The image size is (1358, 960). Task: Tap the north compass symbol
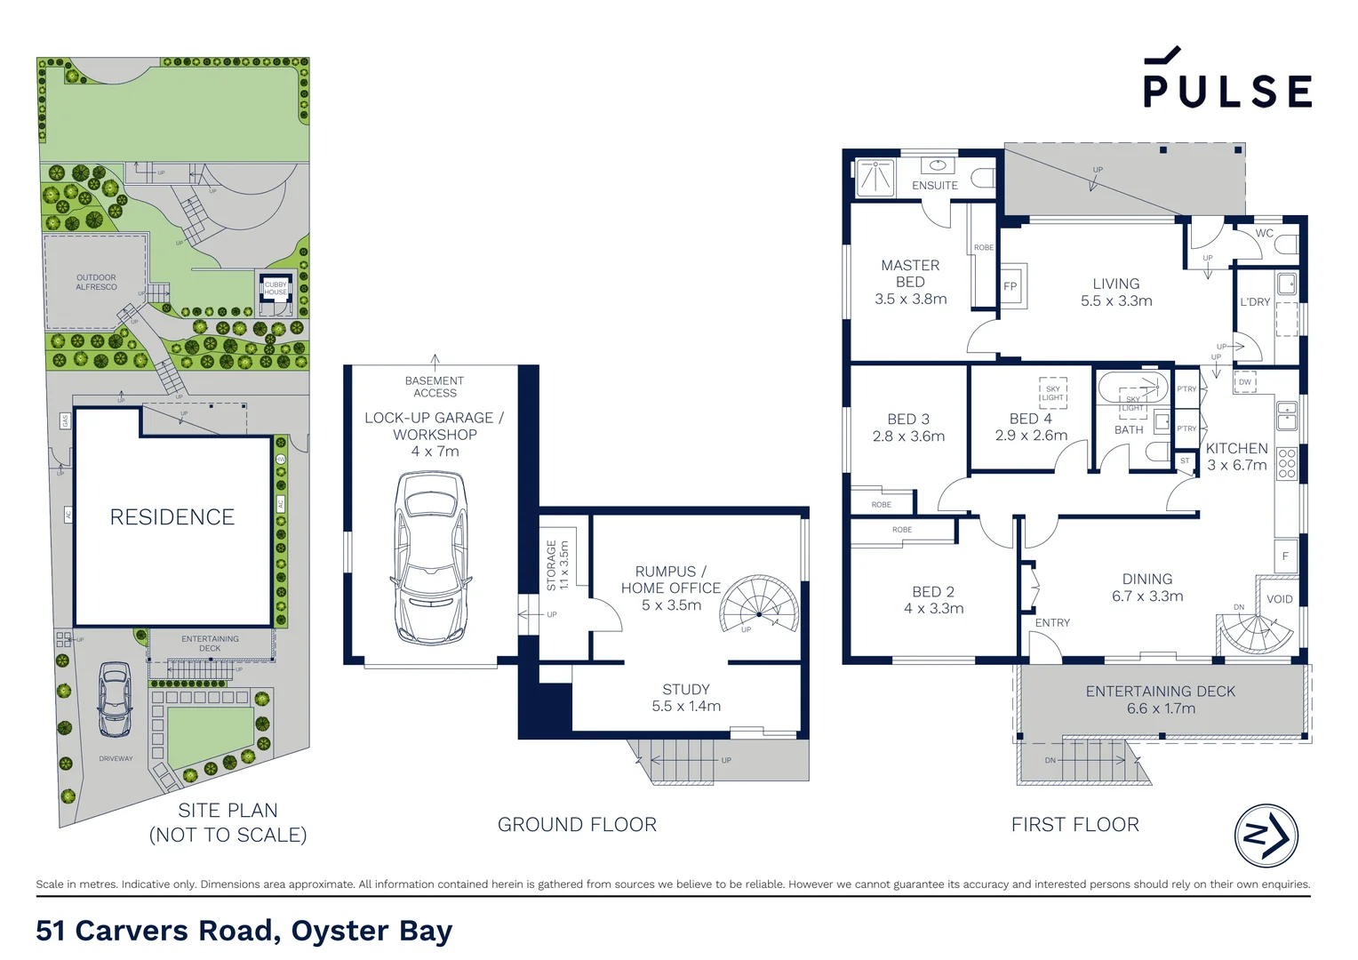pyautogui.click(x=1266, y=836)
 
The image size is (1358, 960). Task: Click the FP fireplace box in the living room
pyautogui.click(x=1011, y=286)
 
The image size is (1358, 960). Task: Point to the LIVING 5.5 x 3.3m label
pyautogui.click(x=1116, y=292)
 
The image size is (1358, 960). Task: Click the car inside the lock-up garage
pyautogui.click(x=431, y=557)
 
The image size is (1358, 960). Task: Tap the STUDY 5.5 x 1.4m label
pyautogui.click(x=686, y=698)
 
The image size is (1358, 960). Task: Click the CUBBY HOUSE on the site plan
pyautogui.click(x=276, y=289)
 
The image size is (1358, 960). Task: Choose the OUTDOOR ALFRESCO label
pyautogui.click(x=96, y=283)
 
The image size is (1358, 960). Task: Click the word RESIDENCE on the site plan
pyautogui.click(x=172, y=517)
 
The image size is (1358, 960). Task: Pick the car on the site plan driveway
pyautogui.click(x=115, y=700)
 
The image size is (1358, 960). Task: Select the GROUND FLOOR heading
pyautogui.click(x=577, y=825)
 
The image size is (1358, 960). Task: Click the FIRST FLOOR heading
pyautogui.click(x=1074, y=825)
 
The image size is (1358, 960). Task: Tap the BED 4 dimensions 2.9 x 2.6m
pyautogui.click(x=1031, y=436)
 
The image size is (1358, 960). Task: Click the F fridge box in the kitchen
pyautogui.click(x=1285, y=556)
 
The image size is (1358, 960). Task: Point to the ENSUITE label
pyautogui.click(x=935, y=186)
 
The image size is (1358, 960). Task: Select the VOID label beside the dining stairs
pyautogui.click(x=1280, y=599)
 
